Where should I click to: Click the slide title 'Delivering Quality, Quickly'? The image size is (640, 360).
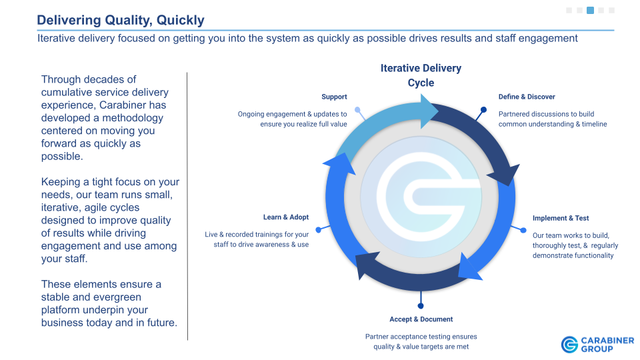121,20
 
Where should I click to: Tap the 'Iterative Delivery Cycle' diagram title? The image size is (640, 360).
421,75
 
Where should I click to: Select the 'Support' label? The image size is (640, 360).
334,97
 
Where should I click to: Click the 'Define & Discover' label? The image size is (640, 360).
527,97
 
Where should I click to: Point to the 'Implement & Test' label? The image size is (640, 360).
561,218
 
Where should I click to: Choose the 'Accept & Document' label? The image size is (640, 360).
421,319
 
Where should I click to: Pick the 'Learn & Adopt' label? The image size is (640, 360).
286,217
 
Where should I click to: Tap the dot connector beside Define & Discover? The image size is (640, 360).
483,109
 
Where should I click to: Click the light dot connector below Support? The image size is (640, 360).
357,109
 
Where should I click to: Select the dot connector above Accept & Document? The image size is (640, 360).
421,306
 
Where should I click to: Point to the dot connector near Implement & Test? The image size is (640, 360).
523,230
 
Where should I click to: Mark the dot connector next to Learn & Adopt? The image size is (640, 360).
319,230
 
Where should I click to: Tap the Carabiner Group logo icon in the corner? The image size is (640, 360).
569,345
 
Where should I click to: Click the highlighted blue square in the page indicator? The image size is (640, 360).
590,10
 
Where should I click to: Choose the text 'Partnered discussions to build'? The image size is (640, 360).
546,114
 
